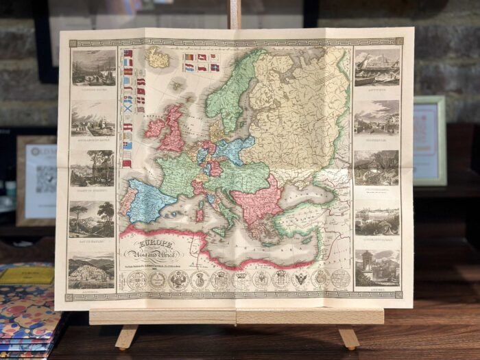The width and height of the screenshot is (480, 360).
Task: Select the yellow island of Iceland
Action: coord(158,58)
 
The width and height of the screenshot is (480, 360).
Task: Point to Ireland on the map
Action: coord(154,127)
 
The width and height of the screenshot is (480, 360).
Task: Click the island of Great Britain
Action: coord(172,130)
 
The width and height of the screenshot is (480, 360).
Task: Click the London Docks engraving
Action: coord(94,67)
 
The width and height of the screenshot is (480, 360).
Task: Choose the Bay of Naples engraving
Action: coord(92,220)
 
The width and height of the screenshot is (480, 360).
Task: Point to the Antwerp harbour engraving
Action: coord(376,67)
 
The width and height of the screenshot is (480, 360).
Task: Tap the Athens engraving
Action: coord(376,267)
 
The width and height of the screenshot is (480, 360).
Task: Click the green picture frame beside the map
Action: coord(430,141)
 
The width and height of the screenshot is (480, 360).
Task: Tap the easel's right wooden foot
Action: coord(349,337)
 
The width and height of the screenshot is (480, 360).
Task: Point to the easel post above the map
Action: coord(235,14)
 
